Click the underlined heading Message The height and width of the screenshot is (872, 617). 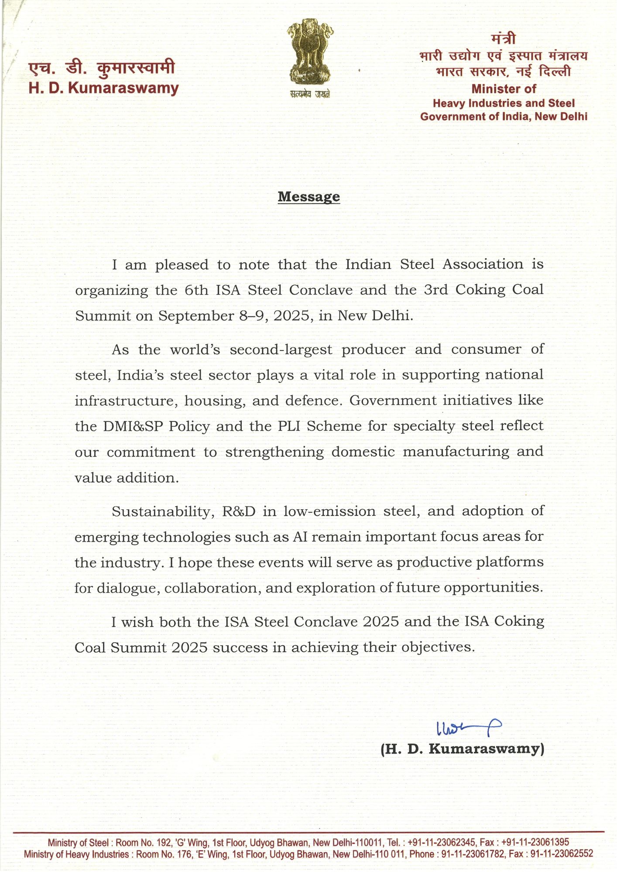pyautogui.click(x=308, y=197)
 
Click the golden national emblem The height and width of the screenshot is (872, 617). pyautogui.click(x=310, y=53)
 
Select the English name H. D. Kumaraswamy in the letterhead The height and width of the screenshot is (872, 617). pyautogui.click(x=104, y=88)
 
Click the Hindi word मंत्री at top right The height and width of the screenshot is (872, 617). pyautogui.click(x=503, y=39)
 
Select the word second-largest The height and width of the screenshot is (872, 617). pyautogui.click(x=281, y=350)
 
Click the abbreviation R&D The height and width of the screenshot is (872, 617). pyautogui.click(x=239, y=511)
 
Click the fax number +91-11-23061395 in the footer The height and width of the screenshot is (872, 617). pyautogui.click(x=535, y=842)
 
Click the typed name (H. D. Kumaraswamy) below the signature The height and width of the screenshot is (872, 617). pyautogui.click(x=462, y=749)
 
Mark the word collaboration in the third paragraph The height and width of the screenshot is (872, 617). pyautogui.click(x=213, y=588)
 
